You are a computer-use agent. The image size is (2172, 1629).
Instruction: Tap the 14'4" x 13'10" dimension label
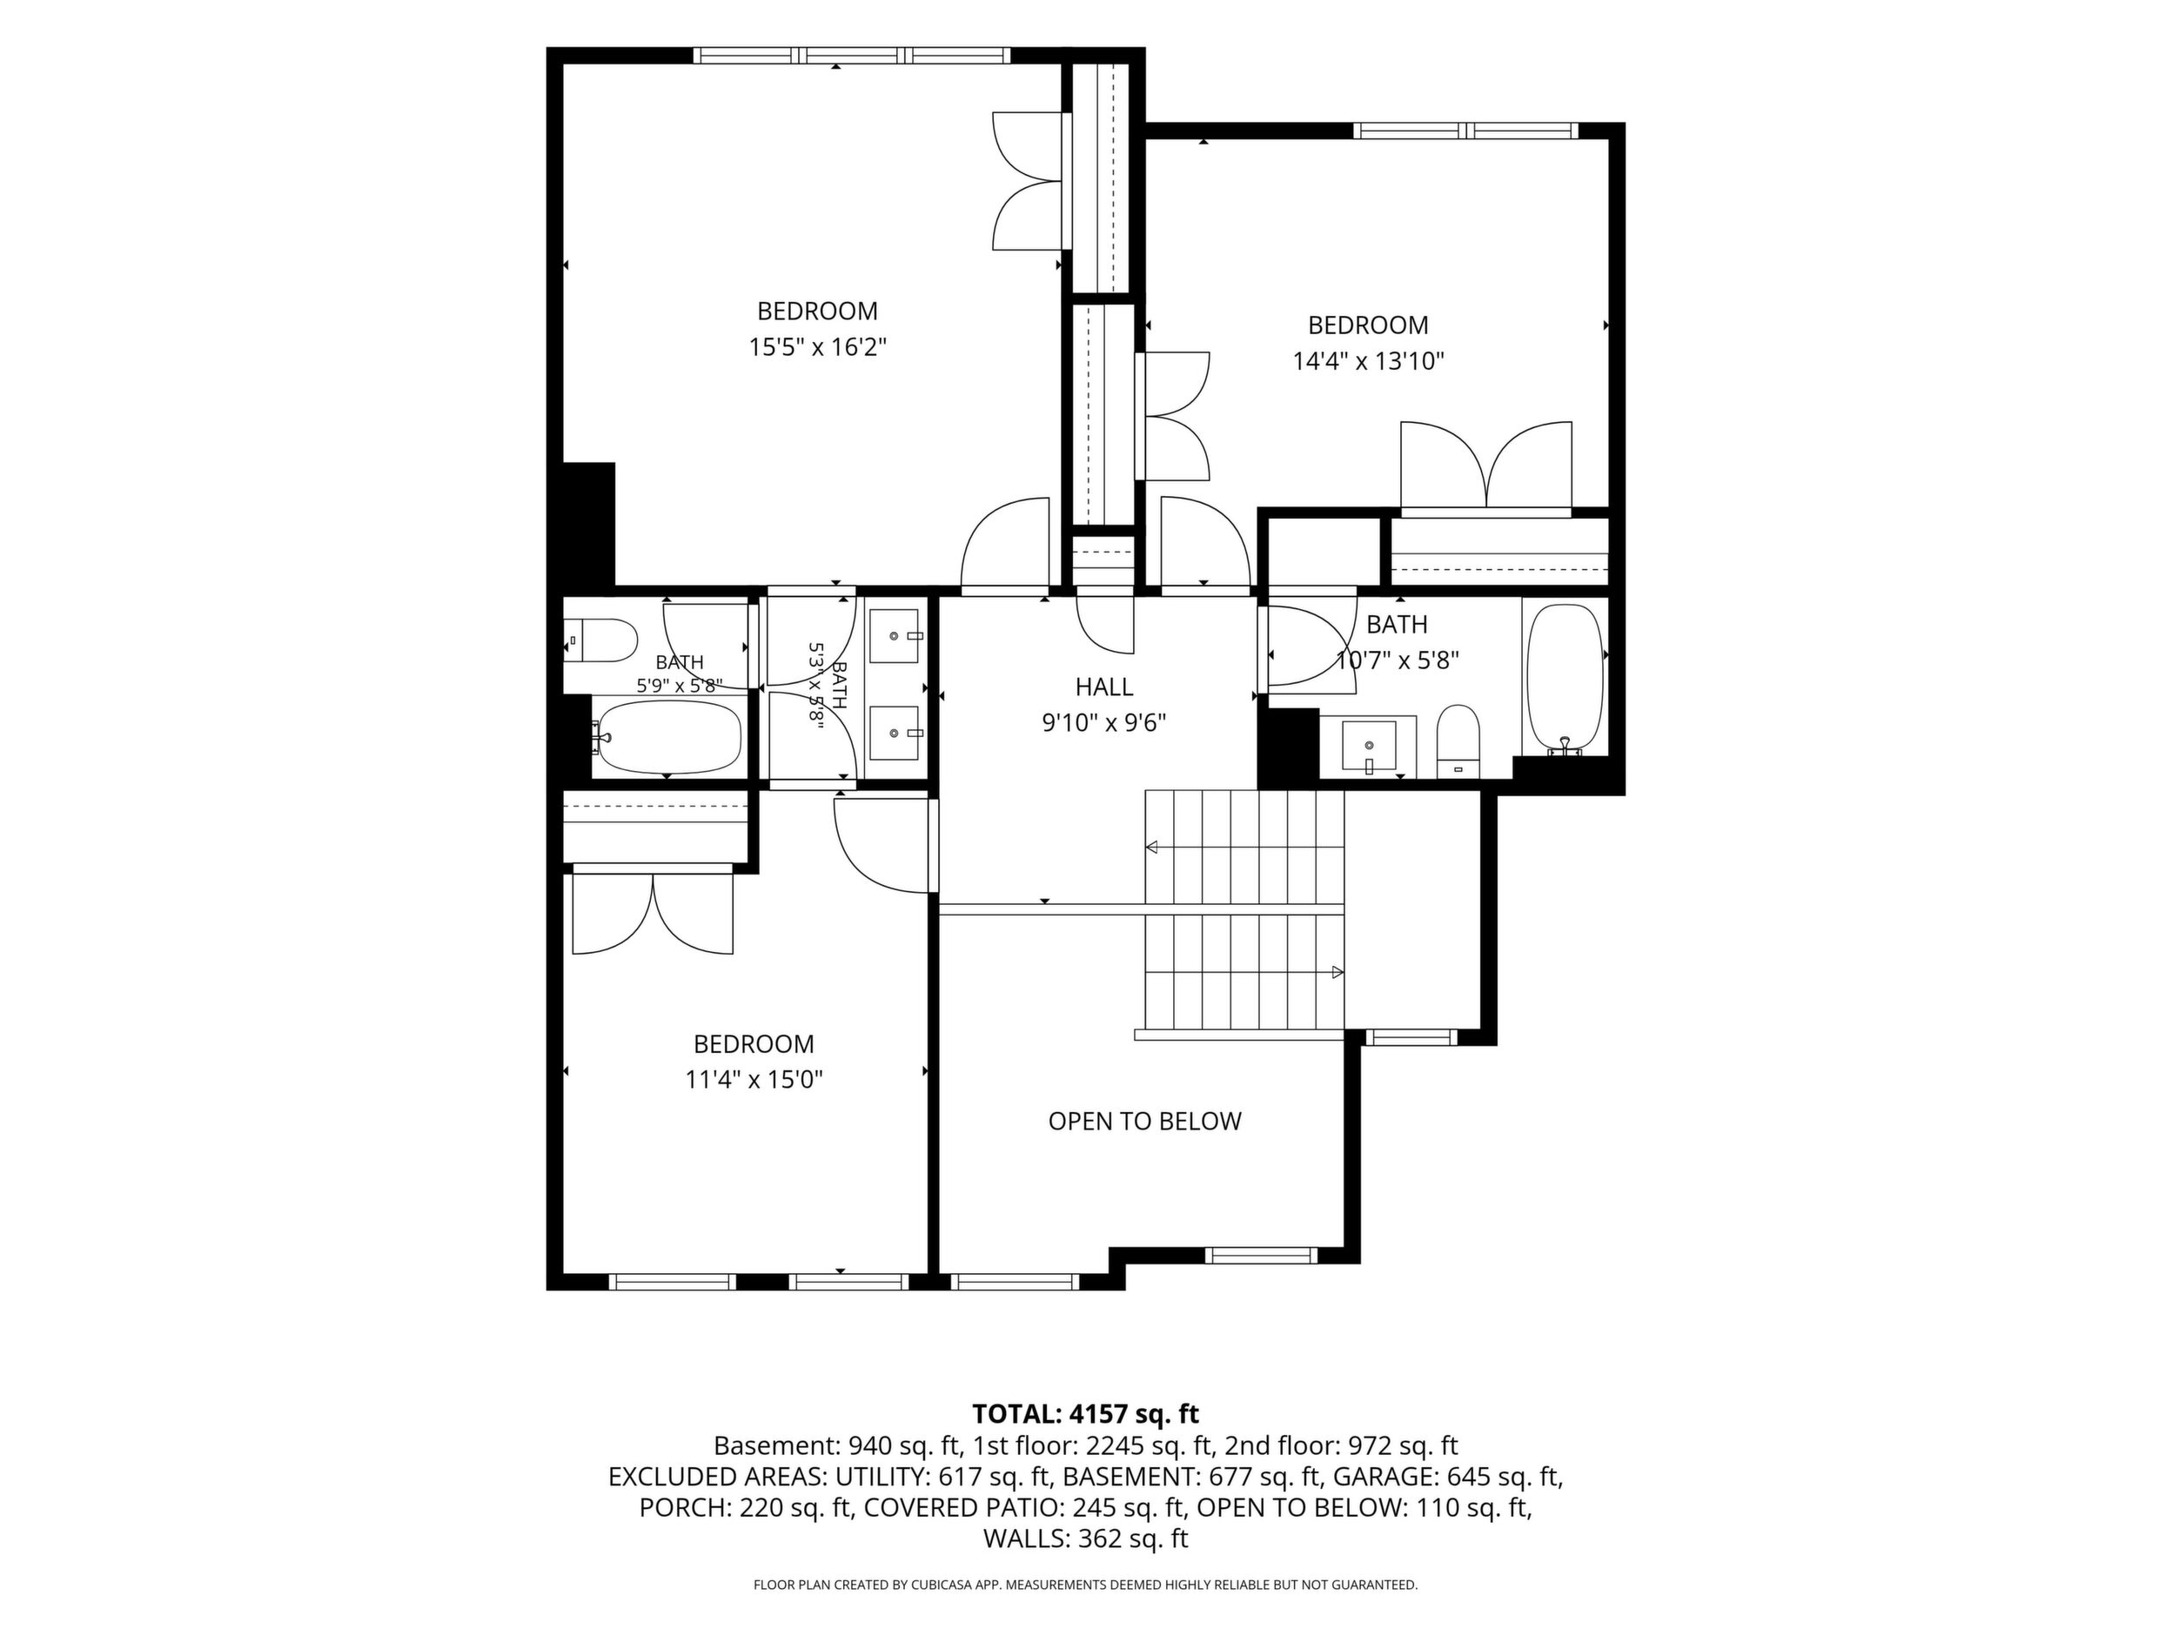pyautogui.click(x=1368, y=361)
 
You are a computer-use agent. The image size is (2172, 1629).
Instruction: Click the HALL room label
pyautogui.click(x=1103, y=687)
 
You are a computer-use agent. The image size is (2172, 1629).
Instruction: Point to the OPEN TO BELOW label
pyautogui.click(x=1145, y=1122)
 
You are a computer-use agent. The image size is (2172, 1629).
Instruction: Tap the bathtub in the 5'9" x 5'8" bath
pyautogui.click(x=667, y=735)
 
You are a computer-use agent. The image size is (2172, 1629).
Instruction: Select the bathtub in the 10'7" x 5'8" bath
pyautogui.click(x=1565, y=680)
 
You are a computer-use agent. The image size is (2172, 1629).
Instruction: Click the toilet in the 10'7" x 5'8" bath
pyautogui.click(x=1458, y=741)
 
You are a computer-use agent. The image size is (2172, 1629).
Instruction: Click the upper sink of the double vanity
pyautogui.click(x=895, y=636)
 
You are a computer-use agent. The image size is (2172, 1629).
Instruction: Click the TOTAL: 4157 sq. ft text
pyautogui.click(x=1085, y=1414)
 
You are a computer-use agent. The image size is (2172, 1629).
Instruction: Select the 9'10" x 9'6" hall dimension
pyautogui.click(x=1103, y=724)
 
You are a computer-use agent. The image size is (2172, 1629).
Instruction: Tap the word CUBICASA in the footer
pyautogui.click(x=942, y=1585)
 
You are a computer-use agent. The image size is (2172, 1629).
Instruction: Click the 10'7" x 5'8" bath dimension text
pyautogui.click(x=1398, y=660)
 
